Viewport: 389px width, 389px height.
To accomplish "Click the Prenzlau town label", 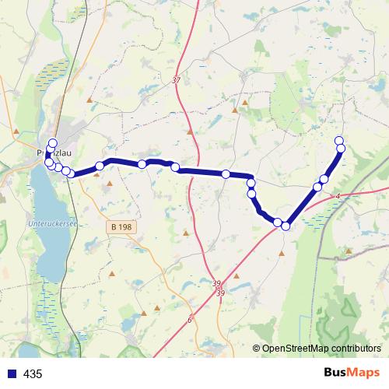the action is tap(48, 153).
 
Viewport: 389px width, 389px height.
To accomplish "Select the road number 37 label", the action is tap(176, 80).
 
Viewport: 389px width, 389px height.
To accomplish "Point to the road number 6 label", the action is tap(189, 319).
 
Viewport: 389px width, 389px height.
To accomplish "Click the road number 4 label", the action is tap(338, 196).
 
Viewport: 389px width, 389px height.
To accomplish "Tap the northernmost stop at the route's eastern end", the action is tap(338, 141).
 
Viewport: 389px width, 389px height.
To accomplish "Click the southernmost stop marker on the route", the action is tap(286, 226).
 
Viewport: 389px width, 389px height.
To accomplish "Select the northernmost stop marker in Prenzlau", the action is tap(53, 142).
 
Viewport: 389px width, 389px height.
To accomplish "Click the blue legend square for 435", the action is tap(12, 374).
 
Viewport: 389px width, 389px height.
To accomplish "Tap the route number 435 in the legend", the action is tap(33, 374).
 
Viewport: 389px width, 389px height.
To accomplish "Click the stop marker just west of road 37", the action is tap(175, 167).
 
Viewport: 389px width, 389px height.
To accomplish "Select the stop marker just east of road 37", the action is tap(226, 174).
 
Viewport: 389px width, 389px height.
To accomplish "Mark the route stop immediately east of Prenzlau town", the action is tap(100, 166).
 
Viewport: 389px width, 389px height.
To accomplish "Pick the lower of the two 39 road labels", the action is tap(221, 293).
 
